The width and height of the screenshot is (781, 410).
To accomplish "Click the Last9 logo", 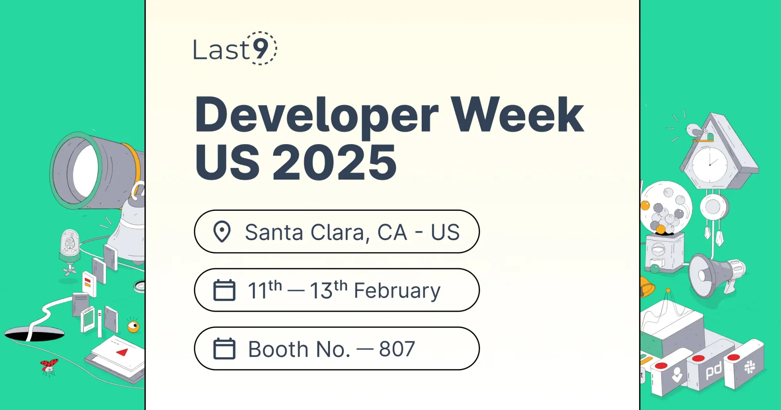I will point(235,49).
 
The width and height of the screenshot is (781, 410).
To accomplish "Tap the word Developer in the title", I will point(316,115).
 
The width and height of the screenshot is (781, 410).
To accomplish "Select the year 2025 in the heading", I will point(334,162).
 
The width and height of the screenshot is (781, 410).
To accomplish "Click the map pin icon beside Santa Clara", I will point(222,232).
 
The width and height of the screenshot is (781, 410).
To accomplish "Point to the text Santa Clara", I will point(305,232).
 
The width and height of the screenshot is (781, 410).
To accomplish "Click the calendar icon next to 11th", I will point(224,290).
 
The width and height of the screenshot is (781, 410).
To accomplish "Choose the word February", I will point(397,291).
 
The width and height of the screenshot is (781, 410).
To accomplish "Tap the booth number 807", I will point(397,349).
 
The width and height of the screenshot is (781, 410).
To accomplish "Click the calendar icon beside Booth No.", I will point(224,349).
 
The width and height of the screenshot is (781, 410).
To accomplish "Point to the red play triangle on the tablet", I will point(123,352).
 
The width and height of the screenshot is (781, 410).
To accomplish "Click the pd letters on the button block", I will point(713,370).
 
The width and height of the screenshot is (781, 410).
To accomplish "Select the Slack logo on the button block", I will point(749,367).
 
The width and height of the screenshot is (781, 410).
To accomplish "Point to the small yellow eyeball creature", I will point(134,326).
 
